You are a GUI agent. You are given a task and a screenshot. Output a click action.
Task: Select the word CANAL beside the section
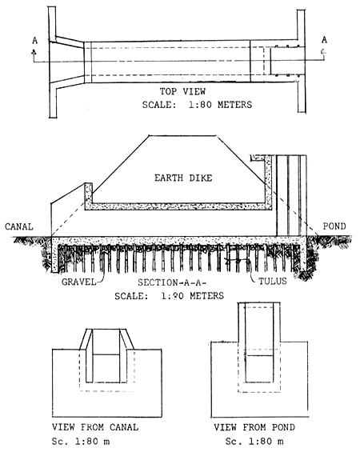[x=17, y=226]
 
